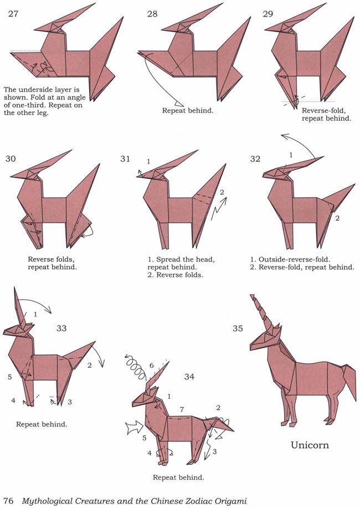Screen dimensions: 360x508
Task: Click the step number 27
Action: (13, 14)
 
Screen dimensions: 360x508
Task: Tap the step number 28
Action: (152, 14)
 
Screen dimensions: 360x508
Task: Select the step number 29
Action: (268, 14)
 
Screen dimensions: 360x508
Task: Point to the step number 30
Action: (11, 159)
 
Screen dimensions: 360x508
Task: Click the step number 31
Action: (125, 159)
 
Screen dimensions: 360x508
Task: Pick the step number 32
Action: (255, 159)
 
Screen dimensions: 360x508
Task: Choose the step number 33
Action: (61, 328)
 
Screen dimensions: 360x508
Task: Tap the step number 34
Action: (189, 377)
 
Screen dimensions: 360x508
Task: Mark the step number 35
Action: (238, 328)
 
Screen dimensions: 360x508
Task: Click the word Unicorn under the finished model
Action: (310, 445)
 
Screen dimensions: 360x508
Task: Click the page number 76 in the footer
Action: (8, 501)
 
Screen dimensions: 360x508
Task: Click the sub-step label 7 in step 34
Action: (182, 410)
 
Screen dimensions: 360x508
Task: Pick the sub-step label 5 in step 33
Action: (10, 377)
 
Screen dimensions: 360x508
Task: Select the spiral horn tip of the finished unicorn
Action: (253, 298)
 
